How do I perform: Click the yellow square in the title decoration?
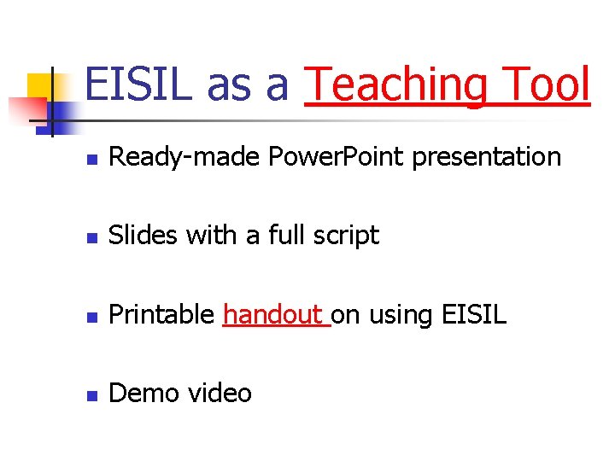(x=41, y=86)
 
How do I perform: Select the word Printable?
(x=162, y=315)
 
